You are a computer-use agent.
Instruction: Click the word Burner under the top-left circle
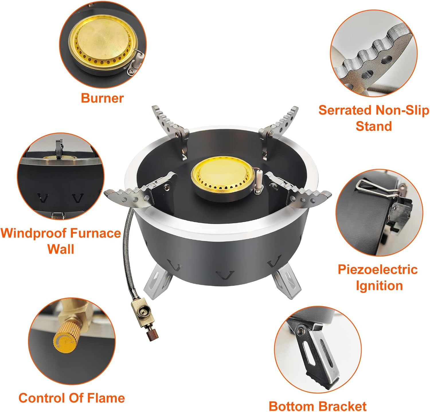[x=102, y=98]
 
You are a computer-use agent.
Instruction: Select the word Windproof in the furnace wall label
[x=34, y=233]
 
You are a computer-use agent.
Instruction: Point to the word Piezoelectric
[x=378, y=270]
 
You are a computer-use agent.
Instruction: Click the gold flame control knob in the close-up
[x=64, y=340]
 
